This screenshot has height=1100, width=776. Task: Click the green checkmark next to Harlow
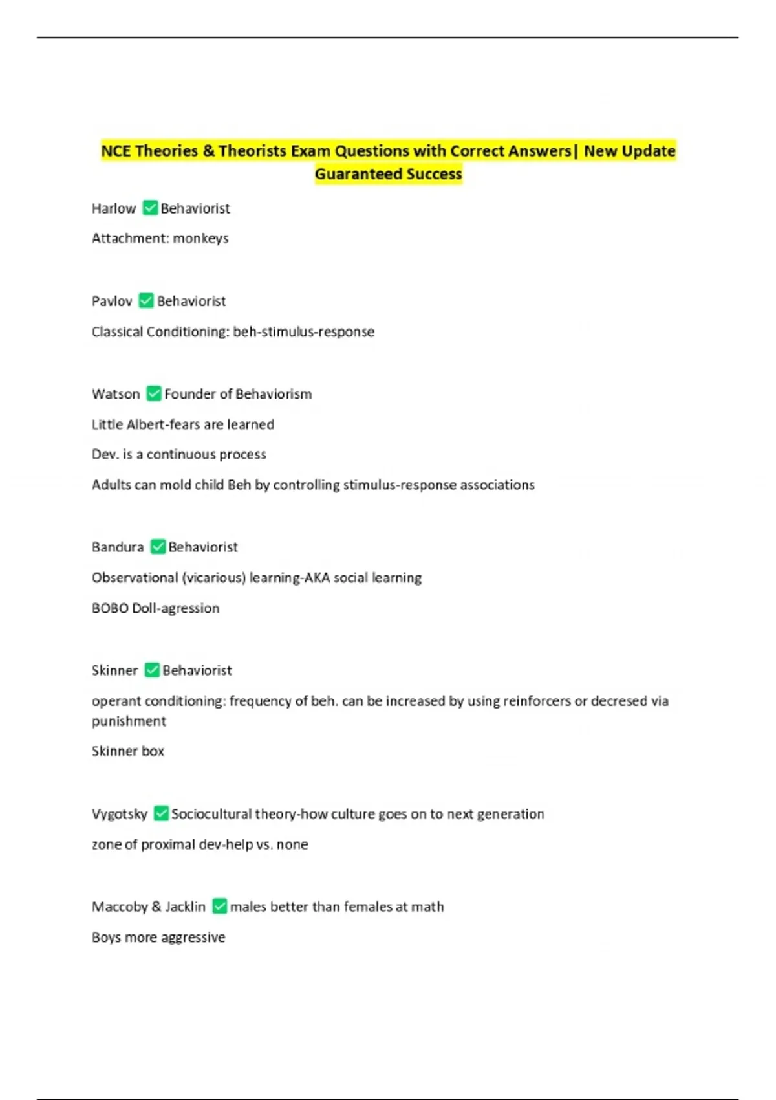(150, 208)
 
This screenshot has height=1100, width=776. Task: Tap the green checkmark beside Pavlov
(146, 301)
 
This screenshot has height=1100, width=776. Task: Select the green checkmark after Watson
(154, 393)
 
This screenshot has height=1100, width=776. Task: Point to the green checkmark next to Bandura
(158, 547)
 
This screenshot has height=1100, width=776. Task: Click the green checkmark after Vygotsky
(161, 813)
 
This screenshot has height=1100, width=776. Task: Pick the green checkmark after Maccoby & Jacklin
(220, 906)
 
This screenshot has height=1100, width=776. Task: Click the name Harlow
(114, 208)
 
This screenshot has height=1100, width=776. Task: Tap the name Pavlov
(112, 301)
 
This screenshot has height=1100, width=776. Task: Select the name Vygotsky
(120, 814)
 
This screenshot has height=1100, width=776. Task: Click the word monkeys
(200, 238)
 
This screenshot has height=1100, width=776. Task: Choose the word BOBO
(110, 608)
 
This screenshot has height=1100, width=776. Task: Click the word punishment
(129, 721)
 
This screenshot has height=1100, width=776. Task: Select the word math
(427, 907)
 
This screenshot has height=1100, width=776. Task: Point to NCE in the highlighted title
(116, 151)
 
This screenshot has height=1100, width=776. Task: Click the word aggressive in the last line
(193, 937)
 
